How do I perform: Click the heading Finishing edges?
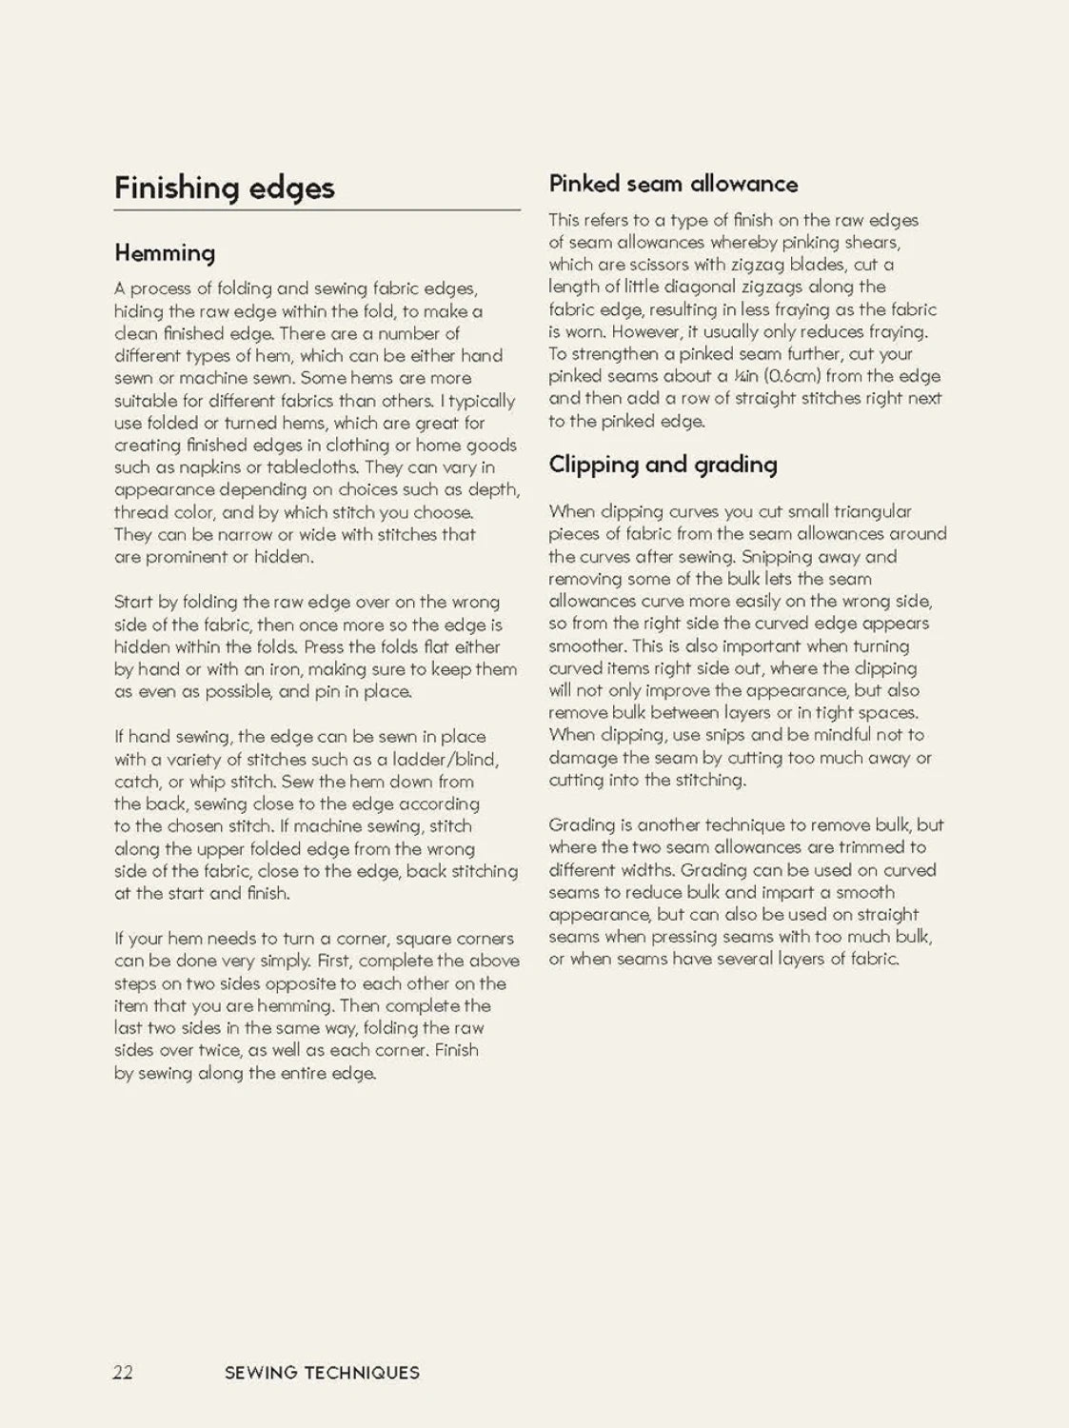(225, 188)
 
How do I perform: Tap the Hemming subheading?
(165, 252)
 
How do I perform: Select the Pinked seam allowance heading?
(673, 184)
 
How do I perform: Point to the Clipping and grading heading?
(663, 465)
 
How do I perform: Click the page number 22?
(123, 1372)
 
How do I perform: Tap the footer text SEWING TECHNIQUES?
(322, 1373)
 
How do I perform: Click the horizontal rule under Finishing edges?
(317, 209)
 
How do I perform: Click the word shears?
(870, 242)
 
